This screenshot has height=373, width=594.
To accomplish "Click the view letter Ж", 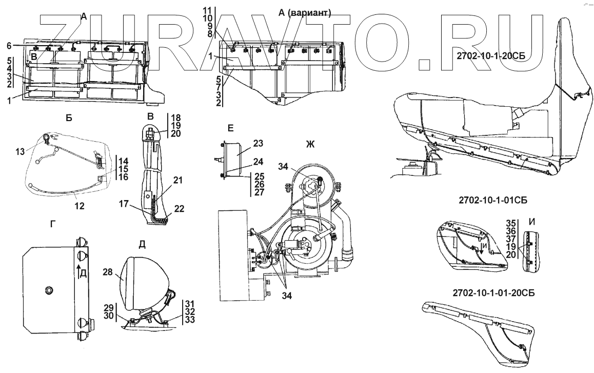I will point(309,145).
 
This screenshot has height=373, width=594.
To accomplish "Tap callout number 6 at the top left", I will point(8,46).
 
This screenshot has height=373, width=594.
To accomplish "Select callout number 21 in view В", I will point(177,180).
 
